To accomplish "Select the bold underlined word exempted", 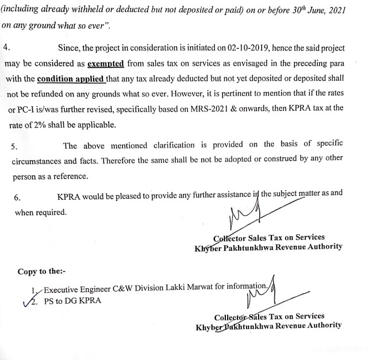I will click(x=105, y=64).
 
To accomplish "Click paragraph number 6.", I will click(x=17, y=197).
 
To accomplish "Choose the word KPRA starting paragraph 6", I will click(x=68, y=196).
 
